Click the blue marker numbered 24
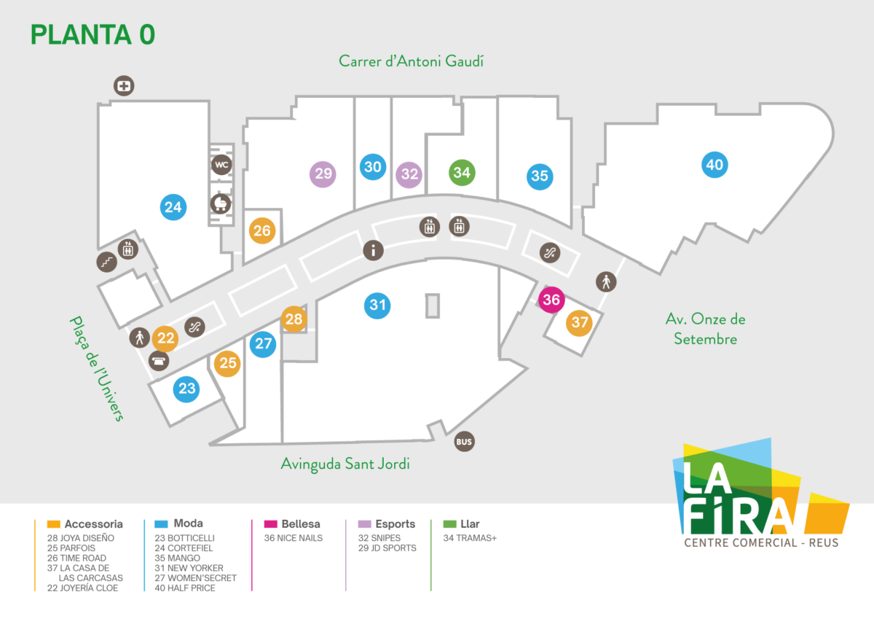[173, 207]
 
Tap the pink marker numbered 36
[551, 300]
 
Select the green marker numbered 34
[462, 173]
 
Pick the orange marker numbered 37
[579, 322]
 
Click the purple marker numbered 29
[323, 174]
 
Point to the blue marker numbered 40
[714, 165]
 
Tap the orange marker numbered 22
[166, 338]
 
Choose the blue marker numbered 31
[377, 305]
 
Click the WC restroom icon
[221, 166]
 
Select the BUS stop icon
[464, 442]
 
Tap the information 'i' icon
[373, 251]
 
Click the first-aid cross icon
[125, 86]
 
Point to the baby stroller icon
[221, 204]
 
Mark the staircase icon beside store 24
[107, 260]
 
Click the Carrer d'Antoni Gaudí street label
[411, 61]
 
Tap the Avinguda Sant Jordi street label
[345, 464]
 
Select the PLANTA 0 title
[92, 34]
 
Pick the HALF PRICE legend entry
[185, 588]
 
